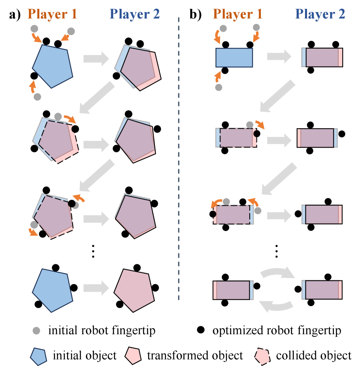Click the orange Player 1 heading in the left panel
[x=53, y=14]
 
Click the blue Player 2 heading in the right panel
[x=320, y=14]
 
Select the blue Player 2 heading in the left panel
[x=134, y=14]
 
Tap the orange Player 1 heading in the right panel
[x=238, y=14]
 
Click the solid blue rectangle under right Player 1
[x=234, y=57]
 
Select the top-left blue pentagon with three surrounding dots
[x=53, y=66]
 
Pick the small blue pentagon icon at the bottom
[x=39, y=356]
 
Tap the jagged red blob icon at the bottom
[x=262, y=356]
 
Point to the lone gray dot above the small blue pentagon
[x=37, y=331]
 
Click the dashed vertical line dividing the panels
[x=179, y=161]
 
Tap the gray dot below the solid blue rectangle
[x=218, y=87]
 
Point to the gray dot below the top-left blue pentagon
[x=37, y=97]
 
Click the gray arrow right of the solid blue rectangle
[x=279, y=57]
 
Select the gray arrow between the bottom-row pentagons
[x=96, y=288]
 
